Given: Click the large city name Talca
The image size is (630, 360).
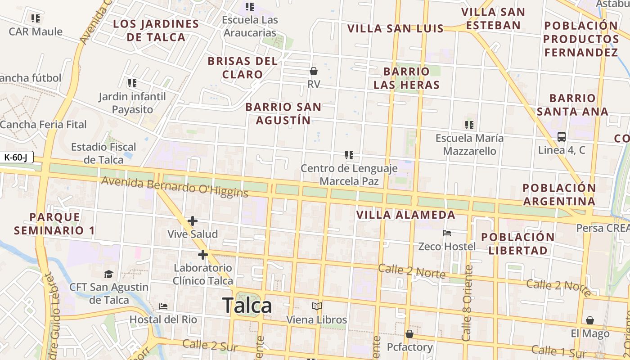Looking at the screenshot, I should [247, 306].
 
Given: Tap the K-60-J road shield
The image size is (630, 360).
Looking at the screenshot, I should [17, 157].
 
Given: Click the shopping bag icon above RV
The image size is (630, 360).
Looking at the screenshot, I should [314, 71].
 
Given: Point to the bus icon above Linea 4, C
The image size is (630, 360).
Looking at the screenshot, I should [562, 137].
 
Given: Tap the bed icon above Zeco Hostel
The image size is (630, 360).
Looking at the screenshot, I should [447, 233].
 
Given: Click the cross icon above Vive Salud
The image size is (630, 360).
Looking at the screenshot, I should [193, 221].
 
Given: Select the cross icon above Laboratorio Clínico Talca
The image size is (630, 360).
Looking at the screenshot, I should [203, 255].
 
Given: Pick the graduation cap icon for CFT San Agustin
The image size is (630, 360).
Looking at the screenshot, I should [108, 274].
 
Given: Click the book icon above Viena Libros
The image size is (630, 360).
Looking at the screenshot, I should [317, 306].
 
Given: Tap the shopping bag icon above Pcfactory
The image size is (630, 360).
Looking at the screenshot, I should [409, 334].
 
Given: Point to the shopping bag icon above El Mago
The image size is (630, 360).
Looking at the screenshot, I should [590, 320].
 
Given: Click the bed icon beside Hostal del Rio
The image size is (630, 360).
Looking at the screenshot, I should [163, 306].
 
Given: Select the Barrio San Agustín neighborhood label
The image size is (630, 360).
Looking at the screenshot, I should [283, 113].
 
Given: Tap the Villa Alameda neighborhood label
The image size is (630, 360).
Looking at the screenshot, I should [406, 215].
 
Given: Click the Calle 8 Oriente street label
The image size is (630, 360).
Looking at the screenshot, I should [468, 302].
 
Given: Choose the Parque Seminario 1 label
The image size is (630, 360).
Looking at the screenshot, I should [54, 224].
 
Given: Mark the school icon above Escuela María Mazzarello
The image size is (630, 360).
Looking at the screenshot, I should [469, 125].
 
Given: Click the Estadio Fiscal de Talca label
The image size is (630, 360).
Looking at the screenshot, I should [103, 153].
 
